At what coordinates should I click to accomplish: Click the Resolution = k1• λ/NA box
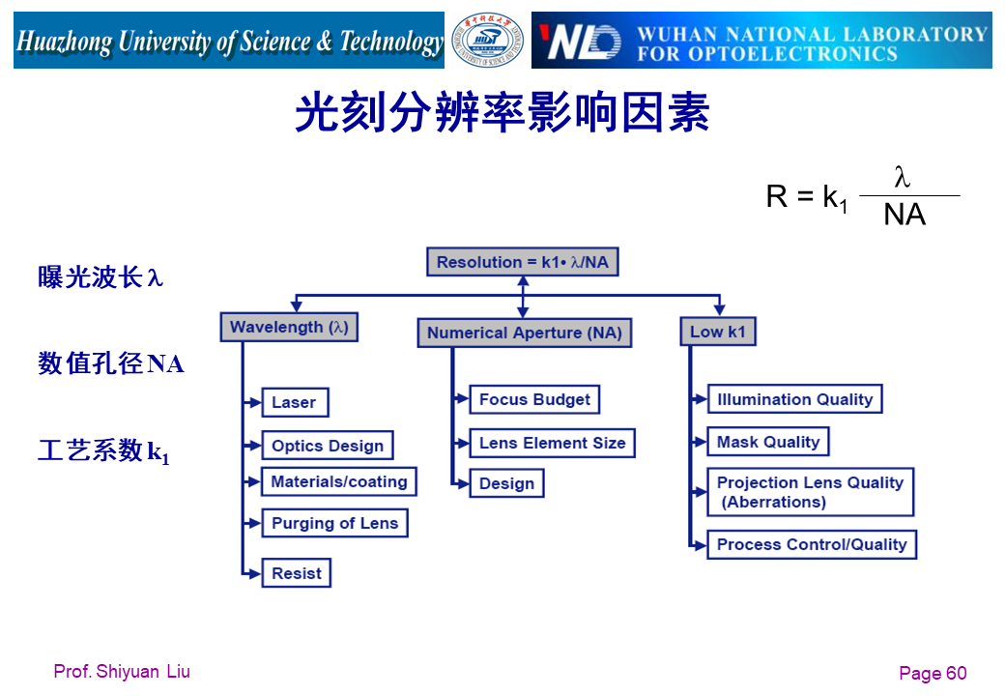pyautogui.click(x=523, y=262)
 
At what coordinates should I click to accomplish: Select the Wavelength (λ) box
pyautogui.click(x=289, y=327)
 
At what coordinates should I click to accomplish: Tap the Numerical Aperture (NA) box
pyautogui.click(x=525, y=333)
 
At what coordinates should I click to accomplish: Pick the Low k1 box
pyautogui.click(x=717, y=332)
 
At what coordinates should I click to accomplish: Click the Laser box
pyautogui.click(x=295, y=402)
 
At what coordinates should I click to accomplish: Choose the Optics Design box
pyautogui.click(x=328, y=446)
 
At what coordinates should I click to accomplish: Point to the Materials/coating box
pyautogui.click(x=339, y=481)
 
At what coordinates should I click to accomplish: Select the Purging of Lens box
pyautogui.click(x=334, y=523)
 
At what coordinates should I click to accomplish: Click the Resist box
pyautogui.click(x=297, y=573)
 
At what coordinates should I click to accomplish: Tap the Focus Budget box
pyautogui.click(x=534, y=399)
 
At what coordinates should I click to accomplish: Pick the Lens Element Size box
pyautogui.click(x=552, y=443)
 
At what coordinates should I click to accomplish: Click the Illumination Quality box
pyautogui.click(x=794, y=399)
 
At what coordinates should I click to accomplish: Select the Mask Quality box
pyautogui.click(x=768, y=442)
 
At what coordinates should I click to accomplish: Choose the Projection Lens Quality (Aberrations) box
pyautogui.click(x=810, y=492)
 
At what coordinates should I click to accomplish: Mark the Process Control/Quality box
pyautogui.click(x=812, y=544)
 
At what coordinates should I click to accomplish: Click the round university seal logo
pyautogui.click(x=488, y=42)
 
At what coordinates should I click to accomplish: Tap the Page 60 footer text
pyautogui.click(x=932, y=674)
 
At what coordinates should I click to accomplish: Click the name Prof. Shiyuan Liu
pyautogui.click(x=122, y=672)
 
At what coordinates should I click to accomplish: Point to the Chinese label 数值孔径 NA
pyautogui.click(x=111, y=363)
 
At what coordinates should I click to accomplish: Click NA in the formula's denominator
pyautogui.click(x=904, y=215)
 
